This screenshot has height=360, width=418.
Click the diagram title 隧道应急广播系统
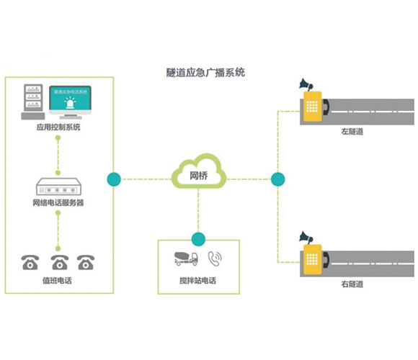(205, 73)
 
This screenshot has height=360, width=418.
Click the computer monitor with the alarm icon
(70, 101)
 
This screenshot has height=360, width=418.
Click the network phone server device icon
(58, 185)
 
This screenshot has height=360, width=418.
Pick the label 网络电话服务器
(58, 203)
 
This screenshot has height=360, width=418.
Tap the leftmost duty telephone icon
(30, 262)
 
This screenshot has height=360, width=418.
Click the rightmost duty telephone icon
(86, 262)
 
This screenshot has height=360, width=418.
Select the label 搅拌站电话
(197, 279)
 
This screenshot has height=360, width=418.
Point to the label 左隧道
(352, 132)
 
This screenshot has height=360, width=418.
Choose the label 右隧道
(352, 284)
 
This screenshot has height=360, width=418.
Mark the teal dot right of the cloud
(277, 179)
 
